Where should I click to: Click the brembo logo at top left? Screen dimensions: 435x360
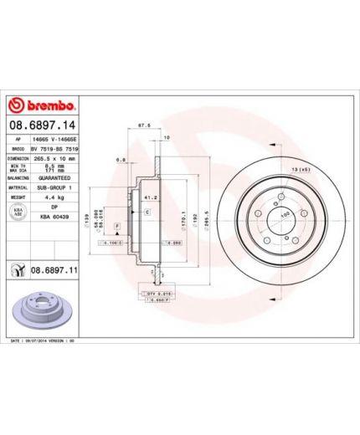(x=42, y=105)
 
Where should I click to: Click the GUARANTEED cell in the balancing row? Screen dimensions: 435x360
(x=54, y=178)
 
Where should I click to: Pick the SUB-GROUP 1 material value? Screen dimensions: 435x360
(x=54, y=188)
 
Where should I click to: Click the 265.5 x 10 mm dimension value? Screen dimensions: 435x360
(x=54, y=157)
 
